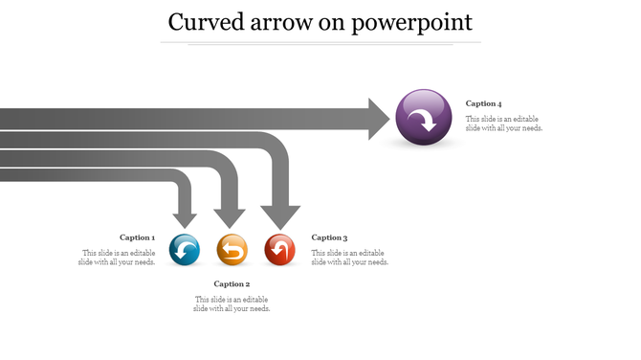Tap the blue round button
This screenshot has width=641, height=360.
(185, 250)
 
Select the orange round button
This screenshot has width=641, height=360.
(232, 250)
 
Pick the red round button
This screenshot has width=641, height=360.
(279, 250)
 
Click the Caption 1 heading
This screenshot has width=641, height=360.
(136, 237)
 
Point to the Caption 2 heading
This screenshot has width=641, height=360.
(232, 283)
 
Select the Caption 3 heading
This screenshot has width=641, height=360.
(329, 237)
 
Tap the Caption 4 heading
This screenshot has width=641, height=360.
(483, 103)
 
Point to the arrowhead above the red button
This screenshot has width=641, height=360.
(280, 216)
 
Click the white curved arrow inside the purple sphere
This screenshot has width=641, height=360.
(421, 120)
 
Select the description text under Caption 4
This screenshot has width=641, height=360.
(504, 124)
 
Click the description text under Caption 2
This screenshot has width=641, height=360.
(232, 304)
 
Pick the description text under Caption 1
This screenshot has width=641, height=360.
(118, 258)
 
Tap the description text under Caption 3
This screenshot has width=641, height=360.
(350, 258)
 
